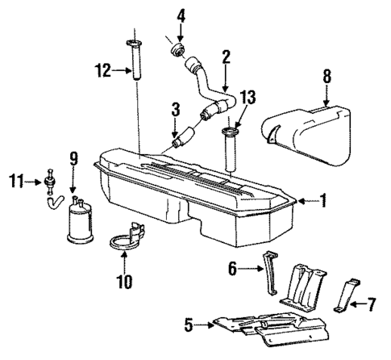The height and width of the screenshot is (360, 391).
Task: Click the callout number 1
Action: click(322, 199)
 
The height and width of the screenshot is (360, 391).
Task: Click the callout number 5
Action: click(189, 325)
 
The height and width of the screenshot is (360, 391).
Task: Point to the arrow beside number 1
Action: click(304, 199)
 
